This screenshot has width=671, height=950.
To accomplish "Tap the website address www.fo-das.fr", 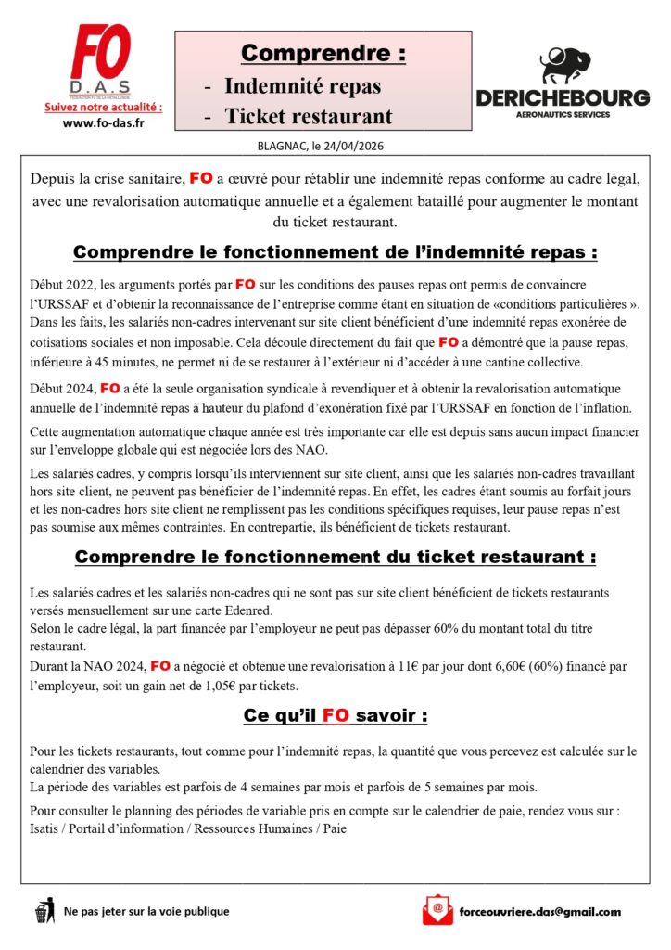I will click(x=102, y=123).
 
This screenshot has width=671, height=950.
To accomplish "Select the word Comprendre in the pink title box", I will click(x=323, y=54).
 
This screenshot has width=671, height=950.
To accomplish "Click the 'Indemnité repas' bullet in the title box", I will click(x=302, y=86).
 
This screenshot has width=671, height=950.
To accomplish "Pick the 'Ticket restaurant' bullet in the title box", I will click(x=309, y=117).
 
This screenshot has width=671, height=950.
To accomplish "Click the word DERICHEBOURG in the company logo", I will click(x=563, y=98).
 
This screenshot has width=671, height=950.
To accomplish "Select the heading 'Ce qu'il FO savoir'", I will click(x=335, y=716).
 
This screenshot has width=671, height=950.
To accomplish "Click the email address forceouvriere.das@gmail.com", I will click(x=539, y=911).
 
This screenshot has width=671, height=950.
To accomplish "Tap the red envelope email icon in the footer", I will click(x=437, y=911).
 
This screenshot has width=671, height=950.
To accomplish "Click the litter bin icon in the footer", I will click(x=44, y=911).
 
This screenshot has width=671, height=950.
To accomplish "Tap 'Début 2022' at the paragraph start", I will click(x=61, y=282).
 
